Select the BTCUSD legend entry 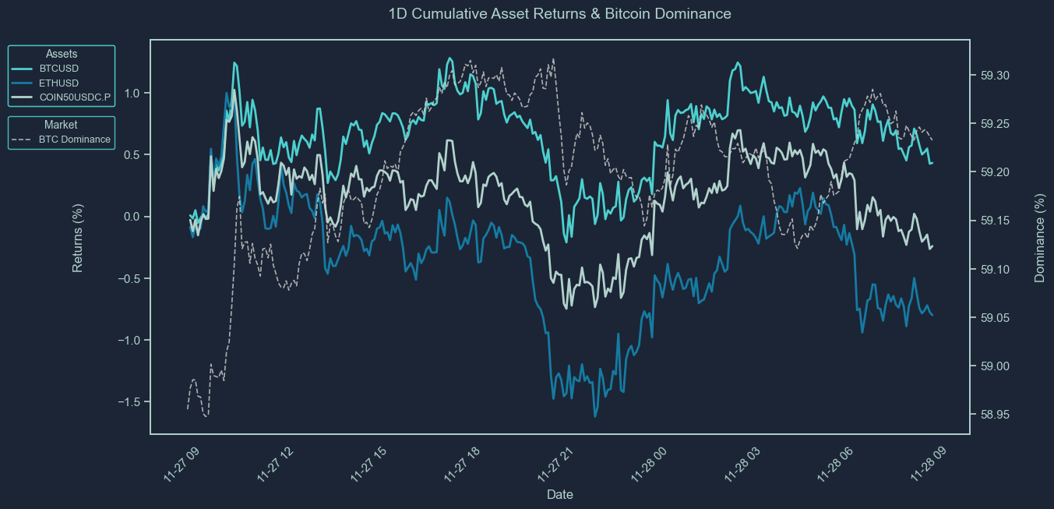pyautogui.click(x=58, y=69)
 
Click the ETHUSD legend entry pyautogui.click(x=59, y=83)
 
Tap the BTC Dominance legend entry pyautogui.click(x=74, y=140)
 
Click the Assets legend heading pyautogui.click(x=62, y=54)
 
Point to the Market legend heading pyautogui.click(x=61, y=125)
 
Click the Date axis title pyautogui.click(x=560, y=494)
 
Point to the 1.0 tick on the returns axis pyautogui.click(x=132, y=94)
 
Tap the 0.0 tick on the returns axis pyautogui.click(x=132, y=217)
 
